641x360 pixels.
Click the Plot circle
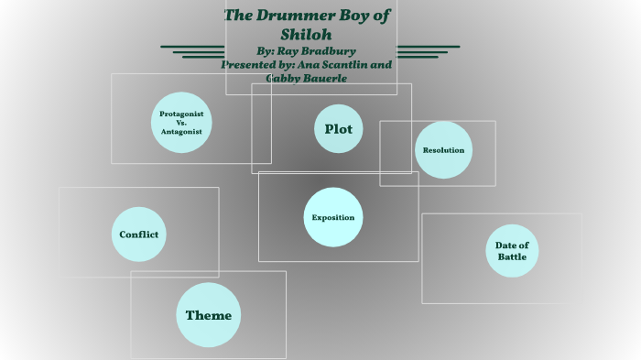point(338,129)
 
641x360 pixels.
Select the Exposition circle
point(333,217)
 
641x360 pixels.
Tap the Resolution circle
point(443,149)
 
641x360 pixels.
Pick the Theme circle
point(208,315)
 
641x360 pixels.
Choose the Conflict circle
point(139,235)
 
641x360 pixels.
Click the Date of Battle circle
point(512,251)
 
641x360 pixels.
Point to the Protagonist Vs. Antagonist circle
point(181,122)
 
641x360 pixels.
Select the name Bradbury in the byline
point(322,51)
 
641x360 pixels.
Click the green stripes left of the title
point(192,50)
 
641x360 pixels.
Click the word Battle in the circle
point(512,257)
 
